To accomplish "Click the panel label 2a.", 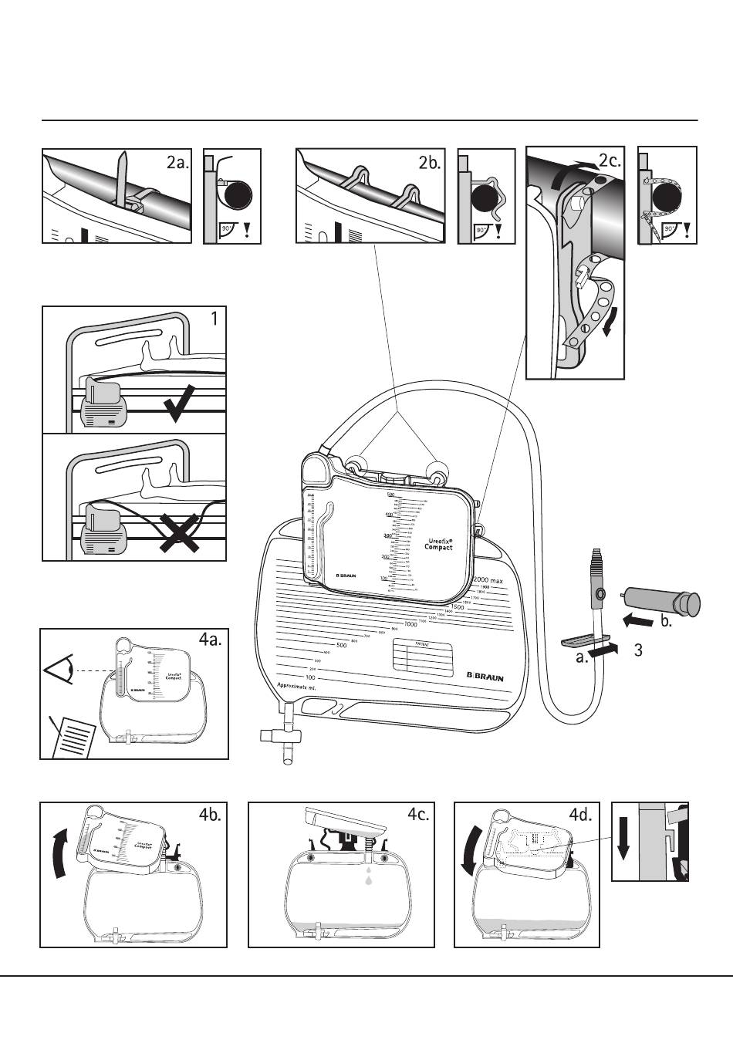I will point(177,163).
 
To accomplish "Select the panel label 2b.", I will point(430,163).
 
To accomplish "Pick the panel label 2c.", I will point(610,161).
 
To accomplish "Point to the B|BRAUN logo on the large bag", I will point(485,677).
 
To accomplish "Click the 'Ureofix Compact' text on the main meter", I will point(438,544).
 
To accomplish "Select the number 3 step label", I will point(638,650).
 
